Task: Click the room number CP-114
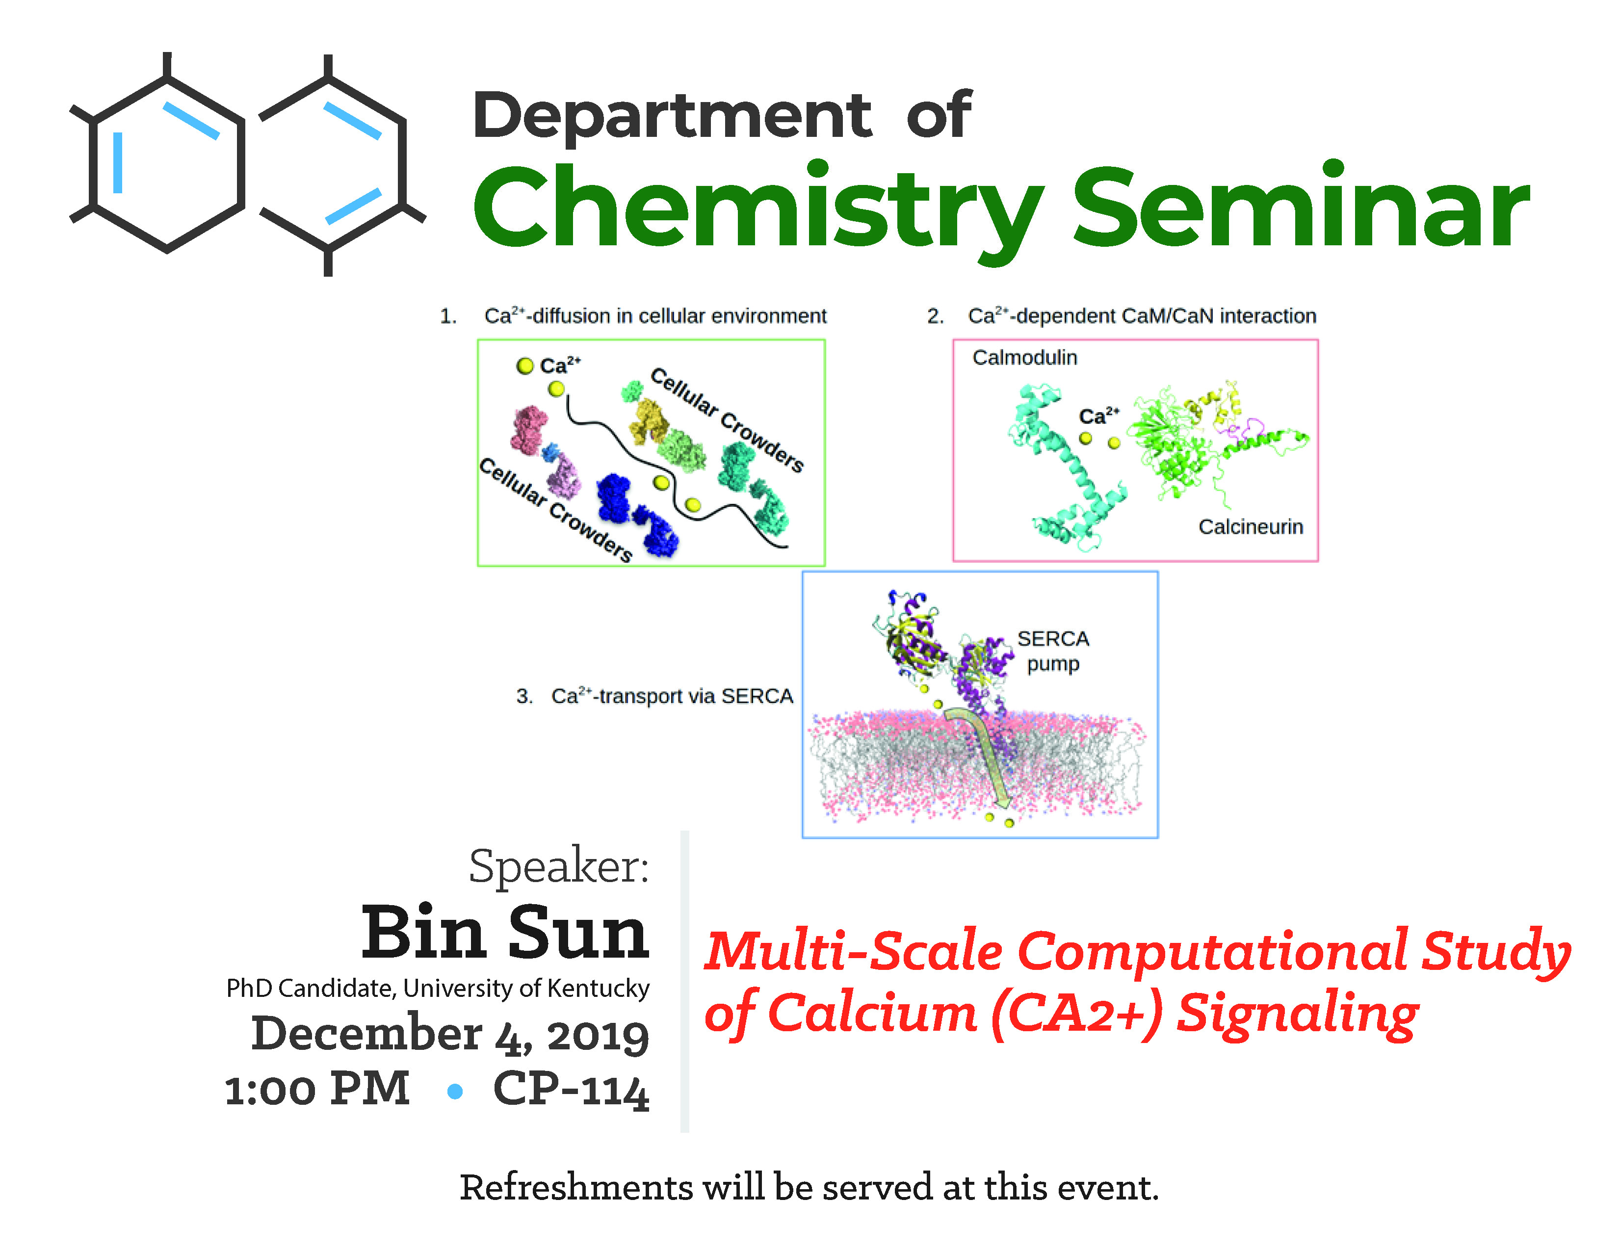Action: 571,1090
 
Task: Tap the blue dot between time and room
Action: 455,1091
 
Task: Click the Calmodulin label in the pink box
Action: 1024,358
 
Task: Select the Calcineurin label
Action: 1251,527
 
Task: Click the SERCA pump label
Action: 1053,651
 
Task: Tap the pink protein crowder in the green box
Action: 529,430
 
